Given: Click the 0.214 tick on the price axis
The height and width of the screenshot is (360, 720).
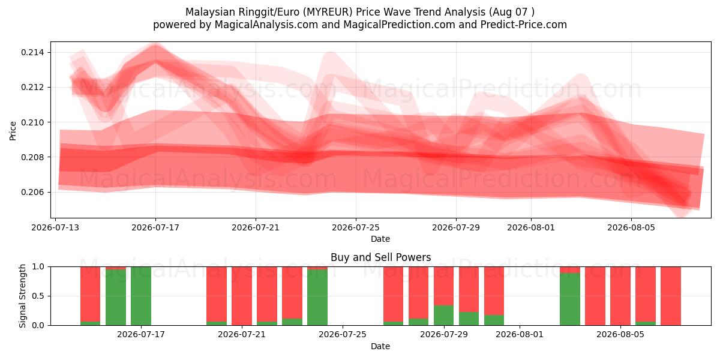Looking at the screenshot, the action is (x=33, y=52).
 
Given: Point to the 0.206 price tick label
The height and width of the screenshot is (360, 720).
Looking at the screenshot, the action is (x=33, y=192).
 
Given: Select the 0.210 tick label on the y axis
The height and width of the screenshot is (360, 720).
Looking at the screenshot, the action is (x=33, y=122).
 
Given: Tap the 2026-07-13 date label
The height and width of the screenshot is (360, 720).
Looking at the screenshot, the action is (x=55, y=227).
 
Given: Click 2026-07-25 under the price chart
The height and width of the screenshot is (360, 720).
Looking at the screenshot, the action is (x=356, y=227).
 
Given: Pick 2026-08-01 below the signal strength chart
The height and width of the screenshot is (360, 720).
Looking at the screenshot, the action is (x=520, y=335).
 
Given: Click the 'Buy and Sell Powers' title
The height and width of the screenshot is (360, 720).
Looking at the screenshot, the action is (x=380, y=257).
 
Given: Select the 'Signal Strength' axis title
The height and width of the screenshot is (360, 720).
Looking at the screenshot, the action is (x=22, y=296).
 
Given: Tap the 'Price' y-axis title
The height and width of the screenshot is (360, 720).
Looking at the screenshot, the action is (x=13, y=131).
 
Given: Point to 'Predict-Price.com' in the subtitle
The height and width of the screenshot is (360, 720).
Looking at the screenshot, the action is (x=524, y=25).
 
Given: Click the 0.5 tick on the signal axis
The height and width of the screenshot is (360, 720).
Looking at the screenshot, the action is (x=38, y=296).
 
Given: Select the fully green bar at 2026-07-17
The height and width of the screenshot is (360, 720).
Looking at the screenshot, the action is (x=141, y=296).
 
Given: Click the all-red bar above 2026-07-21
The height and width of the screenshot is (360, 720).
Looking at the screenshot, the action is (x=242, y=296).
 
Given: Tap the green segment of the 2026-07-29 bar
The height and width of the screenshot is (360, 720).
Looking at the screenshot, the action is (x=443, y=315).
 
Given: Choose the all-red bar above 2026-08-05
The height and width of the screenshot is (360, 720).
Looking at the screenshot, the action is (x=620, y=296).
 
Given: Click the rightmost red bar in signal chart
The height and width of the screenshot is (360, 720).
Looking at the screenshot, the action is (x=671, y=296).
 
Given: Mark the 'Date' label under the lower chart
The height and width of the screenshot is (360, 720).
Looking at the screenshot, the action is (x=380, y=347).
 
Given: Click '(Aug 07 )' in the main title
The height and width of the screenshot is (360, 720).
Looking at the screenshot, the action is (x=512, y=12).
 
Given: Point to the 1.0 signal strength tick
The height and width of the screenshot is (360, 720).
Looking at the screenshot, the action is (x=38, y=267).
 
